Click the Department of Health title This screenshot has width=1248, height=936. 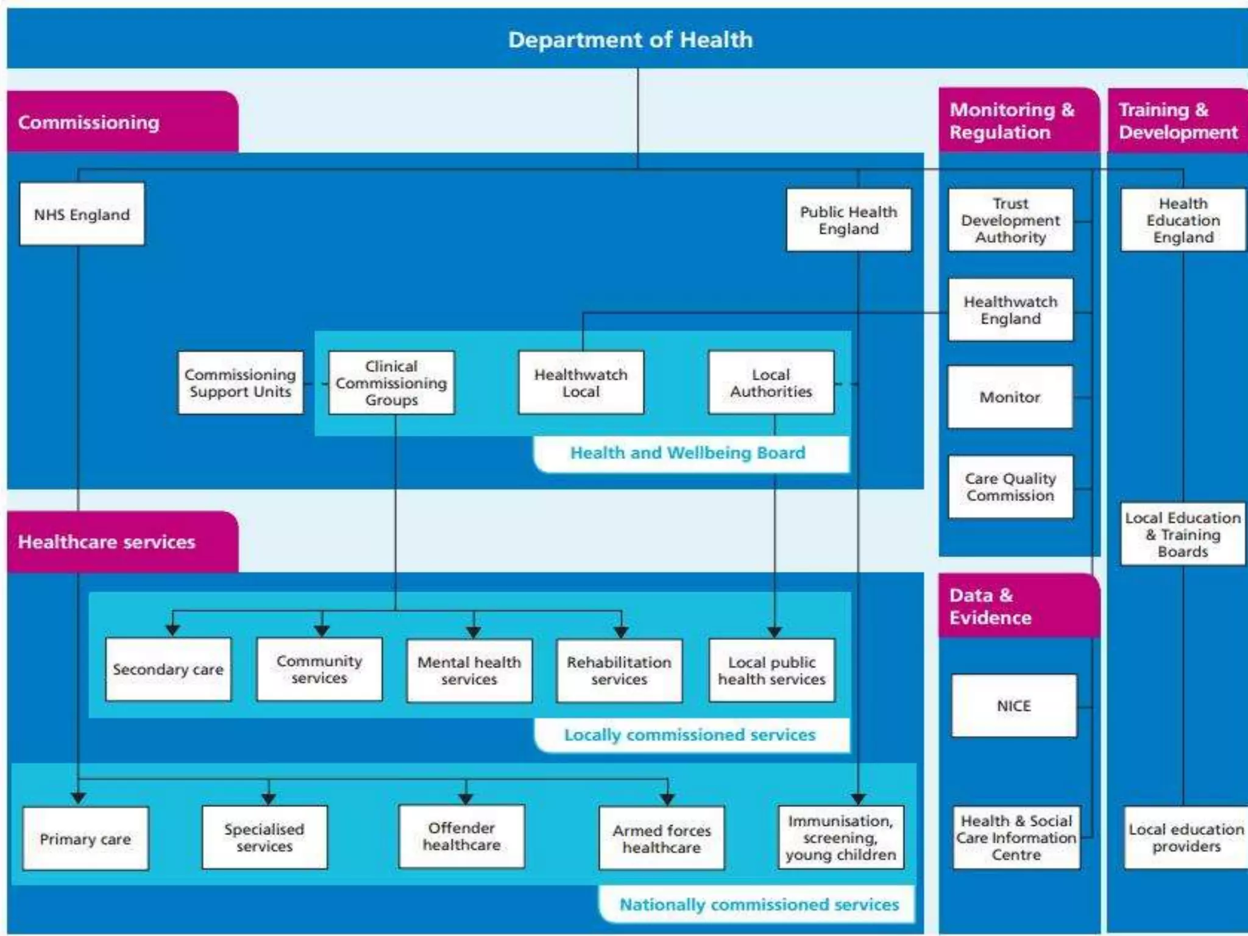coord(630,40)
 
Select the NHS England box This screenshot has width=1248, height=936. coord(82,214)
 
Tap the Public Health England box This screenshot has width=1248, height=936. coord(848,220)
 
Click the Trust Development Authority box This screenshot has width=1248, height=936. coord(1010,220)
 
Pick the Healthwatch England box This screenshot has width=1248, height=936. coord(1010,310)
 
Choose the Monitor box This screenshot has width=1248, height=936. coord(1010,397)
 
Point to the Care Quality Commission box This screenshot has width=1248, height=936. coord(1010,487)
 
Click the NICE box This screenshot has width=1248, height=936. coord(1014,706)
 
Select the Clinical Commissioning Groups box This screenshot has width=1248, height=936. coord(391,383)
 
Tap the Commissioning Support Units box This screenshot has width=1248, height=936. coord(240,383)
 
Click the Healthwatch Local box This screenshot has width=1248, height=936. coord(581,383)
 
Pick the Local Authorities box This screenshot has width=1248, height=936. coord(771,383)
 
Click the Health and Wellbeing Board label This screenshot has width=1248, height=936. coord(688,453)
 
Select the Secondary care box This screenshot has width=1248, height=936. coord(168,669)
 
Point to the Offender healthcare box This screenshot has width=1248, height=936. coord(461,836)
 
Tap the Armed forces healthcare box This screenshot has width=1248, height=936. coord(662,838)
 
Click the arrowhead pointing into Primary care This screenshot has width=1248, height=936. coord(78,798)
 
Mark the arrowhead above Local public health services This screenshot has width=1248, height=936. coord(775,631)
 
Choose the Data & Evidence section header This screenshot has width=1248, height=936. coord(991,606)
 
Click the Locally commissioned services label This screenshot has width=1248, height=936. coord(690,735)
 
